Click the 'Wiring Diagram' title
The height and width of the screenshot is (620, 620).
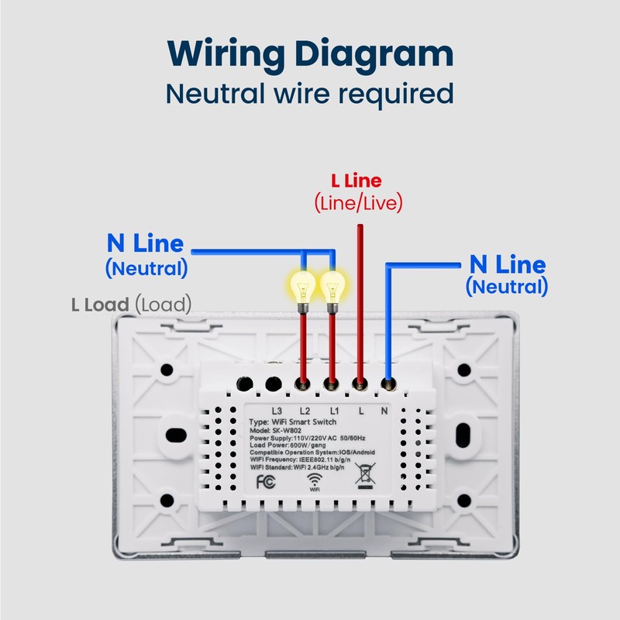pyautogui.click(x=310, y=54)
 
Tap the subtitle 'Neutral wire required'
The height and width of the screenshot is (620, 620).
pyautogui.click(x=309, y=95)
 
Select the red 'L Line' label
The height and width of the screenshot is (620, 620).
pyautogui.click(x=356, y=181)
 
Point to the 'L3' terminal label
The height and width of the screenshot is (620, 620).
pyautogui.click(x=277, y=412)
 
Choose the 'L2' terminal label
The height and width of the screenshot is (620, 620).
pyautogui.click(x=305, y=412)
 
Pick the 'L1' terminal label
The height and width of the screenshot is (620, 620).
pyautogui.click(x=335, y=412)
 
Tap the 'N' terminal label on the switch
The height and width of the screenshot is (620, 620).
pyautogui.click(x=384, y=412)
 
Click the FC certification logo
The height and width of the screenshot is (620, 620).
pyautogui.click(x=266, y=481)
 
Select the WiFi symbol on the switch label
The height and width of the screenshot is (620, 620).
pyautogui.click(x=315, y=482)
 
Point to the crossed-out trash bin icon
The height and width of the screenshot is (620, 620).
pyautogui.click(x=365, y=476)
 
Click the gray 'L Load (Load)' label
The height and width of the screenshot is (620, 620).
pyautogui.click(x=132, y=305)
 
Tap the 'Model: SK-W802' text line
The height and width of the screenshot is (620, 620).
pyautogui.click(x=275, y=431)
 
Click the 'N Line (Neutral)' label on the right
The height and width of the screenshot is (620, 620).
pyautogui.click(x=507, y=274)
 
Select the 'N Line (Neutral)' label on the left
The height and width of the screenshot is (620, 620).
pyautogui.click(x=146, y=255)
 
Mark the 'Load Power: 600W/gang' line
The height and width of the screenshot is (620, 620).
pyautogui.click(x=288, y=445)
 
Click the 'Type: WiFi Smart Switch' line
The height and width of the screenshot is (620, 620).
pyautogui.click(x=293, y=422)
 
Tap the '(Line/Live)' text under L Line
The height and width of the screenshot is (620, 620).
pyautogui.click(x=358, y=203)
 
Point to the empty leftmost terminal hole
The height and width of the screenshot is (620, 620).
pyautogui.click(x=244, y=384)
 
